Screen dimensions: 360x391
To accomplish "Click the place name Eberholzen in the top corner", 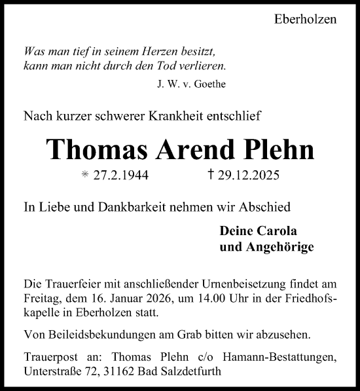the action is pos(304,19).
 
